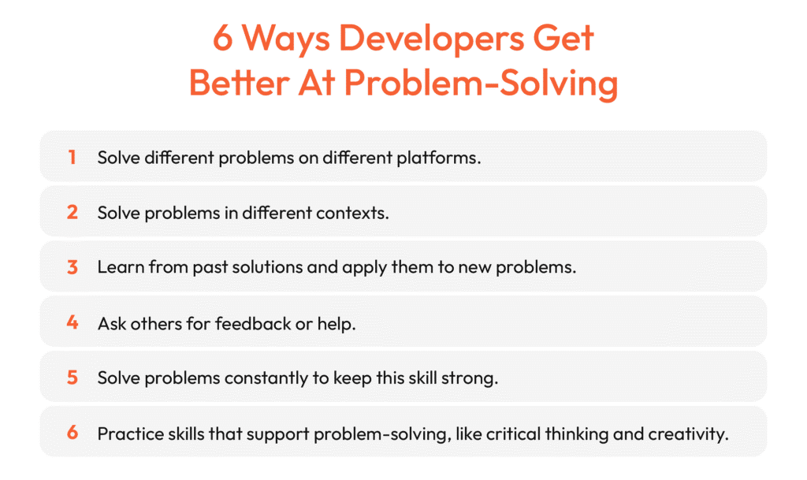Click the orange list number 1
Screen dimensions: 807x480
click(x=72, y=157)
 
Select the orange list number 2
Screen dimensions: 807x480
click(x=72, y=212)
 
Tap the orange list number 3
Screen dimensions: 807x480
click(x=72, y=267)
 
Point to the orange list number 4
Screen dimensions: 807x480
click(x=72, y=322)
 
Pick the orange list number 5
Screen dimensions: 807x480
click(x=72, y=377)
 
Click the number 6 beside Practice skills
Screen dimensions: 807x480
click(x=72, y=432)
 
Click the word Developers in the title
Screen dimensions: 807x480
click(x=430, y=39)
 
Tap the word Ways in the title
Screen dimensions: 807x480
click(x=285, y=39)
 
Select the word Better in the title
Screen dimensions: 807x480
click(x=239, y=83)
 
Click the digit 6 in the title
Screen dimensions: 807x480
click(x=222, y=39)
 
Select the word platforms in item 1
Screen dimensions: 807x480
click(x=438, y=158)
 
